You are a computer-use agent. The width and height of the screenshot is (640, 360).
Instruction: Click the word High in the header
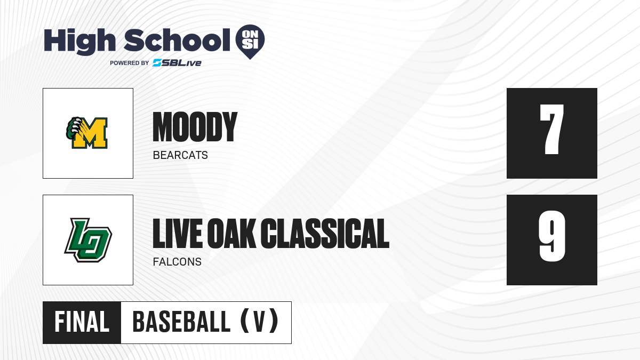(x=80, y=42)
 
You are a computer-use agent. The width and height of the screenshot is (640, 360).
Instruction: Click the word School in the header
(x=177, y=40)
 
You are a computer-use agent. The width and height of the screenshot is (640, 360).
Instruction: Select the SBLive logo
(x=177, y=63)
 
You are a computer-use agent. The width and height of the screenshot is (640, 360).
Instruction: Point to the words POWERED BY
(x=130, y=63)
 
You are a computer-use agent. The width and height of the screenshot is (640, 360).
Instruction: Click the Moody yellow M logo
(x=87, y=133)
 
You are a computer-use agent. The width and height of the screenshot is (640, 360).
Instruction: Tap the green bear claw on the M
(x=73, y=127)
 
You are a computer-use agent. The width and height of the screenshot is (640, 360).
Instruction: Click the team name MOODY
(x=195, y=127)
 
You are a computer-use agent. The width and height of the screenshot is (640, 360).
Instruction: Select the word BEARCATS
(x=180, y=155)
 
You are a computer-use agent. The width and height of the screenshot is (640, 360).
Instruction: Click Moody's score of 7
(x=551, y=130)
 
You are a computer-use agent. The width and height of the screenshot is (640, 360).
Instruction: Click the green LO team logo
(x=88, y=240)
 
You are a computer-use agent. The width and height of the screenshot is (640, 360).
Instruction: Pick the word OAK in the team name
(x=231, y=233)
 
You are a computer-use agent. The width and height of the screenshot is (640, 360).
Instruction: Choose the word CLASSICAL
(x=325, y=233)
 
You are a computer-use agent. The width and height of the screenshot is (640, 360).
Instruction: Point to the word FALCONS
(x=177, y=262)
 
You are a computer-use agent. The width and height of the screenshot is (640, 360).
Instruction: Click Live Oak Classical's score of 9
(x=552, y=236)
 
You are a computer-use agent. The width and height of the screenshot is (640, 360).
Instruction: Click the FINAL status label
(x=82, y=322)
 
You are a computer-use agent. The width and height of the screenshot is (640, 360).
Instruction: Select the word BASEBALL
(x=181, y=322)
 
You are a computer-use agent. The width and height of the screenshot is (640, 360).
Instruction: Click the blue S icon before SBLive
(x=157, y=63)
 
